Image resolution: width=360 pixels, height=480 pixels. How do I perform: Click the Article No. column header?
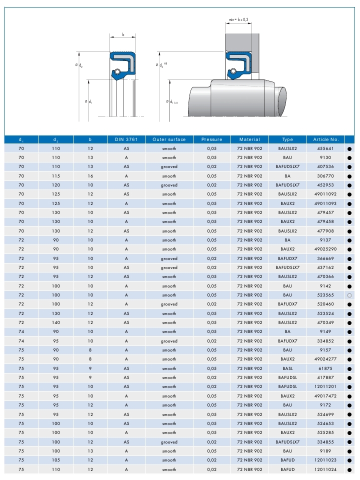pyautogui.click(x=326, y=139)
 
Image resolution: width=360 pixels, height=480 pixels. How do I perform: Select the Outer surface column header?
pyautogui.click(x=169, y=139)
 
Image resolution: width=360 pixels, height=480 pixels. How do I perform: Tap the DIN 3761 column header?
pyautogui.click(x=126, y=139)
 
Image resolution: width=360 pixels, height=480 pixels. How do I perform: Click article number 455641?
pyautogui.click(x=326, y=148)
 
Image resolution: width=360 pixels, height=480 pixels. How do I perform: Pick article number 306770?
pyautogui.click(x=326, y=176)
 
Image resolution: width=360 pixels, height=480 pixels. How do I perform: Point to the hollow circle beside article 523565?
pyautogui.click(x=349, y=295)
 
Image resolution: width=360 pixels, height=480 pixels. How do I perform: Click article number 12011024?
pyautogui.click(x=326, y=470)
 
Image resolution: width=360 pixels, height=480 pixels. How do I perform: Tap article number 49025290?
pyautogui.click(x=326, y=249)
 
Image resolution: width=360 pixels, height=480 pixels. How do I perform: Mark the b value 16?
pyautogui.click(x=90, y=176)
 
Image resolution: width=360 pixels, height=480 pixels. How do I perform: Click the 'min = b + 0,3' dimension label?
pyautogui.click(x=238, y=19)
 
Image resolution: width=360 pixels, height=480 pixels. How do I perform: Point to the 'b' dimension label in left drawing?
pyautogui.click(x=123, y=35)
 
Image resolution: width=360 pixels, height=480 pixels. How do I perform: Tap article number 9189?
pyautogui.click(x=326, y=451)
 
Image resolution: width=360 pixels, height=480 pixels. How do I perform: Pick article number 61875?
pyautogui.click(x=326, y=368)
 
